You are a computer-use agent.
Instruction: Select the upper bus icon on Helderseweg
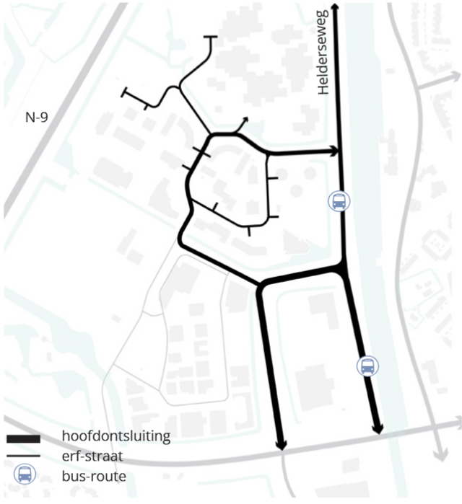[338, 201]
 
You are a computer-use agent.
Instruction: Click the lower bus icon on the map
[367, 366]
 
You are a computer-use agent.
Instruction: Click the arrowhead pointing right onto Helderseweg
[334, 151]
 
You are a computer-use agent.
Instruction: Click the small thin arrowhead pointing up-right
[245, 120]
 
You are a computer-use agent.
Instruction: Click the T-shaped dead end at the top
[211, 37]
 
